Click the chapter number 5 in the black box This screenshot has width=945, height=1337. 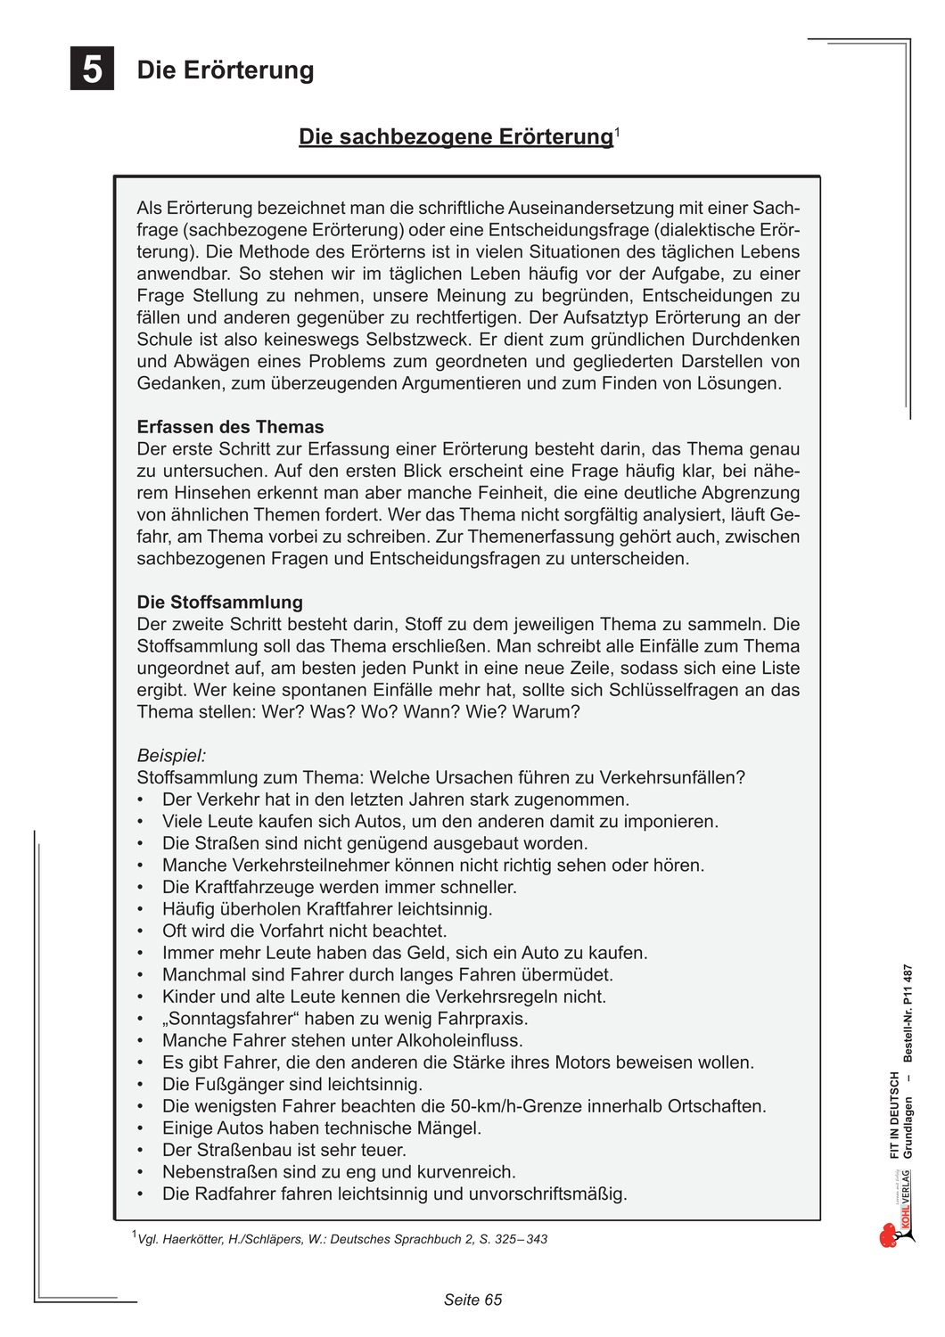point(93,69)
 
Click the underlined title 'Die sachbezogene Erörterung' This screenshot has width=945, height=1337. point(456,137)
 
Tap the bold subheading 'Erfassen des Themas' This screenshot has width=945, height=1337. point(230,427)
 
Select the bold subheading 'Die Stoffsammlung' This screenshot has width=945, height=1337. point(219,603)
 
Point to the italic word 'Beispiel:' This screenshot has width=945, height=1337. point(171,756)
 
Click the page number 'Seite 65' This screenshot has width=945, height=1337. point(472,1300)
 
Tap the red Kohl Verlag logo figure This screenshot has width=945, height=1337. point(890,1235)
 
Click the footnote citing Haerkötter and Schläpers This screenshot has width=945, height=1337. point(341,1239)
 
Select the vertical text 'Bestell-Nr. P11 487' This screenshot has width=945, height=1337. point(908,1013)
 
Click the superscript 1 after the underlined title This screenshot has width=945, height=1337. point(617,131)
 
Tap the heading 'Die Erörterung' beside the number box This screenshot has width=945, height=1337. point(226,70)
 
